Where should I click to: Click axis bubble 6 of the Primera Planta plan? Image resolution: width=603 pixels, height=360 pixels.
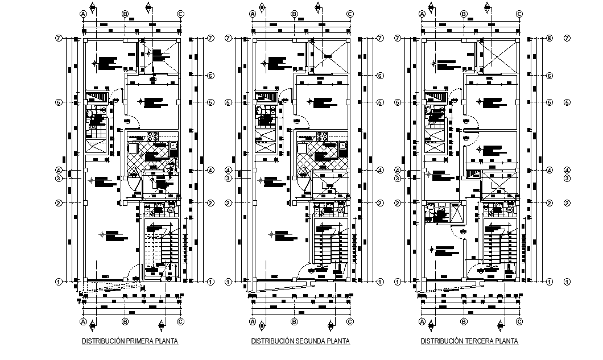(x=210, y=76)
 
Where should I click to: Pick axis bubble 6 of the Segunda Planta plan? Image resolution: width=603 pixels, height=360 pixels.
(x=379, y=76)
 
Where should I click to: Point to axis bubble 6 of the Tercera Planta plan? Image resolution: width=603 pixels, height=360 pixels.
(x=550, y=76)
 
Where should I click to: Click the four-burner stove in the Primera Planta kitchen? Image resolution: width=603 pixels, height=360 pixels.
(x=152, y=136)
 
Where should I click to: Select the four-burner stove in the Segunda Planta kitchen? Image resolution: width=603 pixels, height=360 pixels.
(x=322, y=136)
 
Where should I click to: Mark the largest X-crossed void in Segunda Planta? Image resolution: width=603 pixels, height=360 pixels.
(x=328, y=56)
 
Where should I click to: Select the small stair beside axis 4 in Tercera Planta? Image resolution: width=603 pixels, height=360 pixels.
(x=473, y=175)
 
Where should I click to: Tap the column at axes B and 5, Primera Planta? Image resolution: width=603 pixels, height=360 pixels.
(x=125, y=102)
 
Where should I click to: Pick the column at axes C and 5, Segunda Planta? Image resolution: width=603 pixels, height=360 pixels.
(x=348, y=102)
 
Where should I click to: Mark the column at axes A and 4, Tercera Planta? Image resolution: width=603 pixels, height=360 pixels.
(x=424, y=170)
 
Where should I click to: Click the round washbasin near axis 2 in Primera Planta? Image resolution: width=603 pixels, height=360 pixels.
(x=171, y=210)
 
